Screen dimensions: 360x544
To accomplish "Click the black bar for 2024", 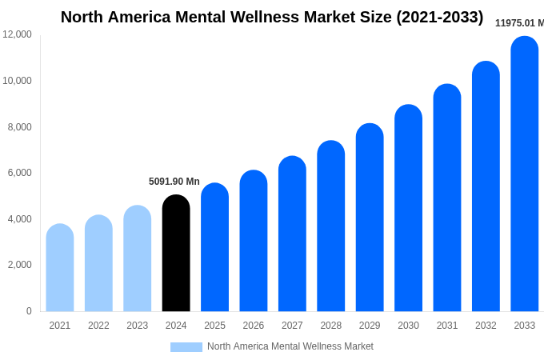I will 176,254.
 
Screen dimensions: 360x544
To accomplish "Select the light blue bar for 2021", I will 60,268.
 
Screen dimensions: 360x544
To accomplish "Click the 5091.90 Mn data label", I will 174,182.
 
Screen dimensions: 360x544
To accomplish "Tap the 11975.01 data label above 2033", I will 519,23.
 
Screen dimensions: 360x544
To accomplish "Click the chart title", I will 272,17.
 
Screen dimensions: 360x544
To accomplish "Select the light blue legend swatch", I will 186,347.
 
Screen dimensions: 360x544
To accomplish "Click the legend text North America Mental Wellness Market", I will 290,346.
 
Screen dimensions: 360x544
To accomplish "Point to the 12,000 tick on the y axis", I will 18,34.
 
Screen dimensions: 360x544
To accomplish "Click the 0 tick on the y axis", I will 29,311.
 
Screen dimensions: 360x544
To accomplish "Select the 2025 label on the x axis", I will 214,326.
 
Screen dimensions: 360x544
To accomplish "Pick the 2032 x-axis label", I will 486,326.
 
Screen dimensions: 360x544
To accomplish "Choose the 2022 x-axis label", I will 98,326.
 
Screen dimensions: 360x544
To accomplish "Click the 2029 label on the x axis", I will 370,326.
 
